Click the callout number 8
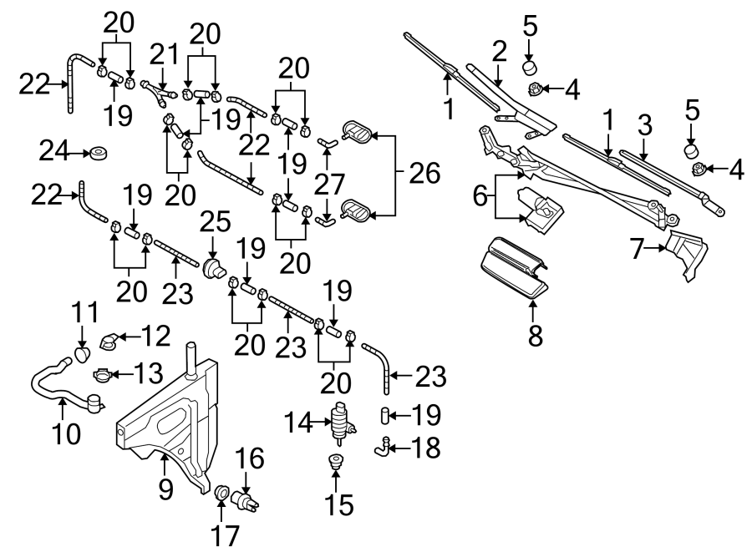[535, 336]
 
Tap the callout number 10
[62, 433]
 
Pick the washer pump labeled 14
[341, 423]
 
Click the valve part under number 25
[213, 268]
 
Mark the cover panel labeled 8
[514, 267]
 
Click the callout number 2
[499, 52]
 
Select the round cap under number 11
[82, 354]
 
